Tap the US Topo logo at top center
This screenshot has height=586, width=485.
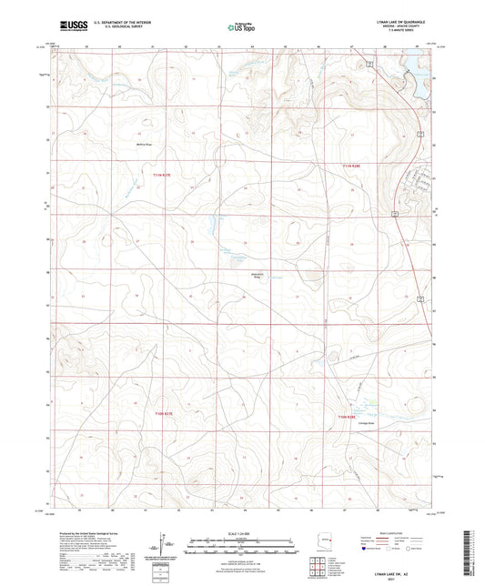(x=240, y=28)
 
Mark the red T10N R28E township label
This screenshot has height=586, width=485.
(x=349, y=417)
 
